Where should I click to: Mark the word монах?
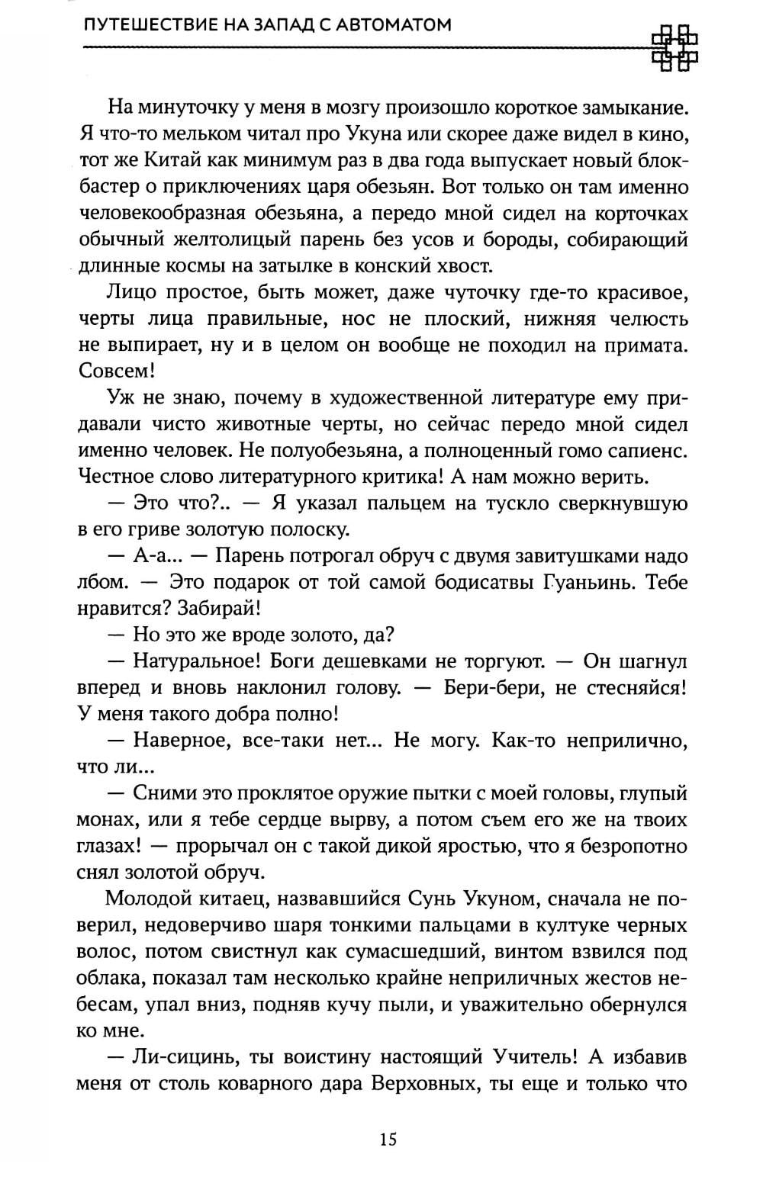[x=106, y=821]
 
